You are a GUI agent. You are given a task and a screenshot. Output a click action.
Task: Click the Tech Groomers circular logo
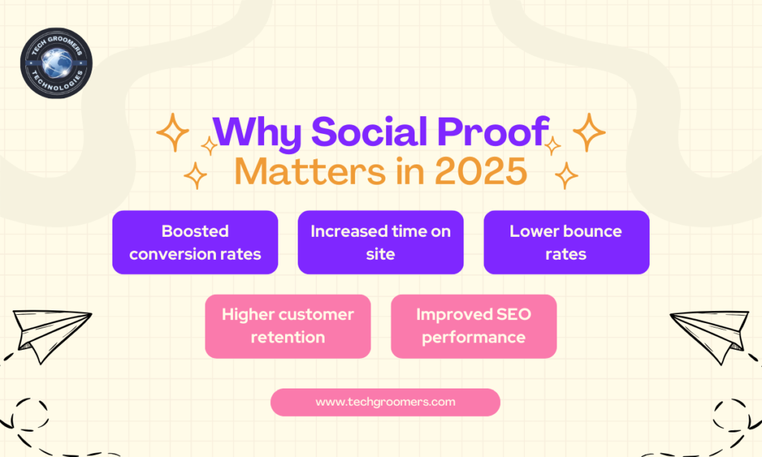click(57, 63)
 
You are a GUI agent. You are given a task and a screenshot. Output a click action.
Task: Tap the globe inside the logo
click(57, 63)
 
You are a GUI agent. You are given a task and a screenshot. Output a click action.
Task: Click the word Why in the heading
click(257, 132)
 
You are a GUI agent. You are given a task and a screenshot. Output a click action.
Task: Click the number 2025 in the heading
click(481, 171)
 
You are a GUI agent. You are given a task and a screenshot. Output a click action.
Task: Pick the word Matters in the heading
click(310, 171)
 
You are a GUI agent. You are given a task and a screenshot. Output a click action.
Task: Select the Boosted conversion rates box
click(195, 242)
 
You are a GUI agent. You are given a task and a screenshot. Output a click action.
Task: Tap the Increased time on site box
click(380, 242)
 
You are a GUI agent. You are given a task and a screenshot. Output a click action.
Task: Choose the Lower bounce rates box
click(566, 242)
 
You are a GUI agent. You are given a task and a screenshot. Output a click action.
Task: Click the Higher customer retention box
click(288, 326)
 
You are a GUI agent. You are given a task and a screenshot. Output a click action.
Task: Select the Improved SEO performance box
click(473, 326)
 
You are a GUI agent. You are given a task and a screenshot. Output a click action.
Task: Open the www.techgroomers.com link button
click(385, 402)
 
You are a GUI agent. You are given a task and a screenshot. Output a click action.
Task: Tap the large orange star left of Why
click(173, 132)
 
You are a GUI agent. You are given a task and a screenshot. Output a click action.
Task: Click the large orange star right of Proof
click(589, 132)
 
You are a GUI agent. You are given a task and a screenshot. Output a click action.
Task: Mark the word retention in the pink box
click(288, 337)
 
